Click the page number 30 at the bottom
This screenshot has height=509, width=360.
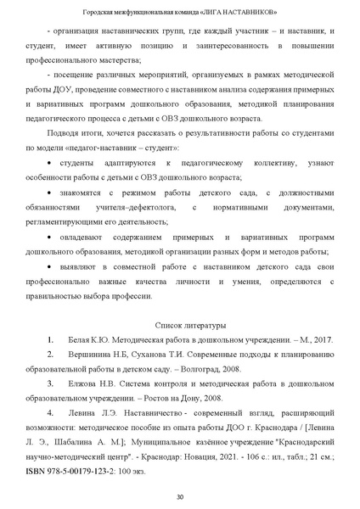pos(179,497)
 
